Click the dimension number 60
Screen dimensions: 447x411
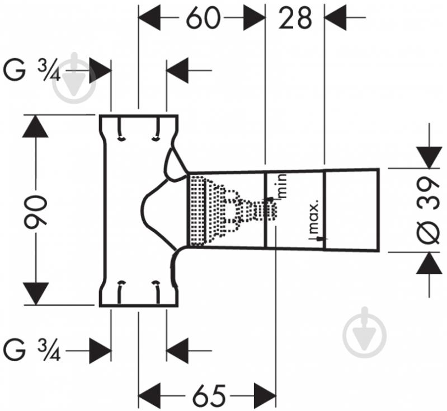click(203, 18)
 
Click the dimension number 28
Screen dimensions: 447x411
click(295, 18)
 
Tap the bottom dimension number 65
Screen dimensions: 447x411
click(208, 396)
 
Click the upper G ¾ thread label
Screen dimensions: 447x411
click(32, 71)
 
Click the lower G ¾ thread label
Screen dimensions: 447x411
click(32, 351)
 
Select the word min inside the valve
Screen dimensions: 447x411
click(281, 186)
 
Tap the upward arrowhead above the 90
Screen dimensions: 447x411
click(35, 127)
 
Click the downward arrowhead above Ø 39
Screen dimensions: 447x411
click(429, 157)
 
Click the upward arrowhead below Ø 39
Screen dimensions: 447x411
click(429, 263)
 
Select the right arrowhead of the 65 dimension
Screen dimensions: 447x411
click(265, 396)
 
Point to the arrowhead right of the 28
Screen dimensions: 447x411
click(336, 17)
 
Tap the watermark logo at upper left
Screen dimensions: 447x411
click(75, 78)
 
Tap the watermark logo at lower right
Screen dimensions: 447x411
click(365, 333)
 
